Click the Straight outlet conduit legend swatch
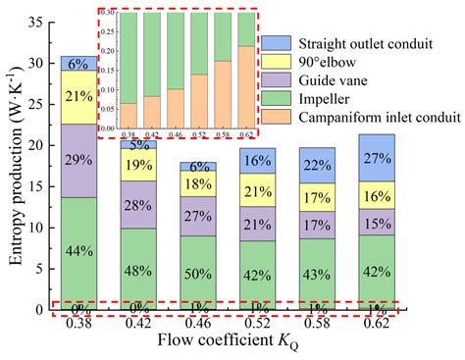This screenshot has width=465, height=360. point(274,44)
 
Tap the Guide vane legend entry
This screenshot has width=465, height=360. point(325,81)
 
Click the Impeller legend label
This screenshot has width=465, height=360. point(316,99)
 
